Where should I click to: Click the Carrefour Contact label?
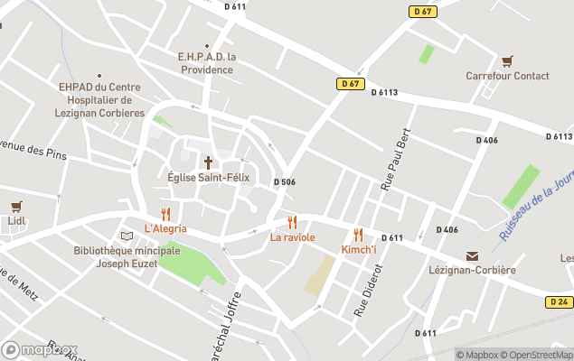[x=507, y=76]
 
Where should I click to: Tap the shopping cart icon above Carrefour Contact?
[x=507, y=60]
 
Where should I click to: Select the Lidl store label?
[x=15, y=221]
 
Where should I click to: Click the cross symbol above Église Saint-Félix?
[x=208, y=162]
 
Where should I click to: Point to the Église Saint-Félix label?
[x=208, y=178]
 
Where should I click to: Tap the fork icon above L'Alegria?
[x=165, y=214]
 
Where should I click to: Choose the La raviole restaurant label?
[x=292, y=237]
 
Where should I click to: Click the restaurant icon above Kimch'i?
[x=358, y=235]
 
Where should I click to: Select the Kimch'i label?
[x=359, y=249]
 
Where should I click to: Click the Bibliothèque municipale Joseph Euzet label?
[x=115, y=256]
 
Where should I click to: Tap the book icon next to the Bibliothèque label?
[x=127, y=236]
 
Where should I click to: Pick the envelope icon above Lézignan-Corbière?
[x=472, y=256]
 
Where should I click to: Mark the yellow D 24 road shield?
[x=558, y=302]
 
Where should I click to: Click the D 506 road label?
[x=285, y=182]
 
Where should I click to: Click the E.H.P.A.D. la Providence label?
[x=207, y=62]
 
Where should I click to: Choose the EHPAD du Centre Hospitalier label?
[x=100, y=99]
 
